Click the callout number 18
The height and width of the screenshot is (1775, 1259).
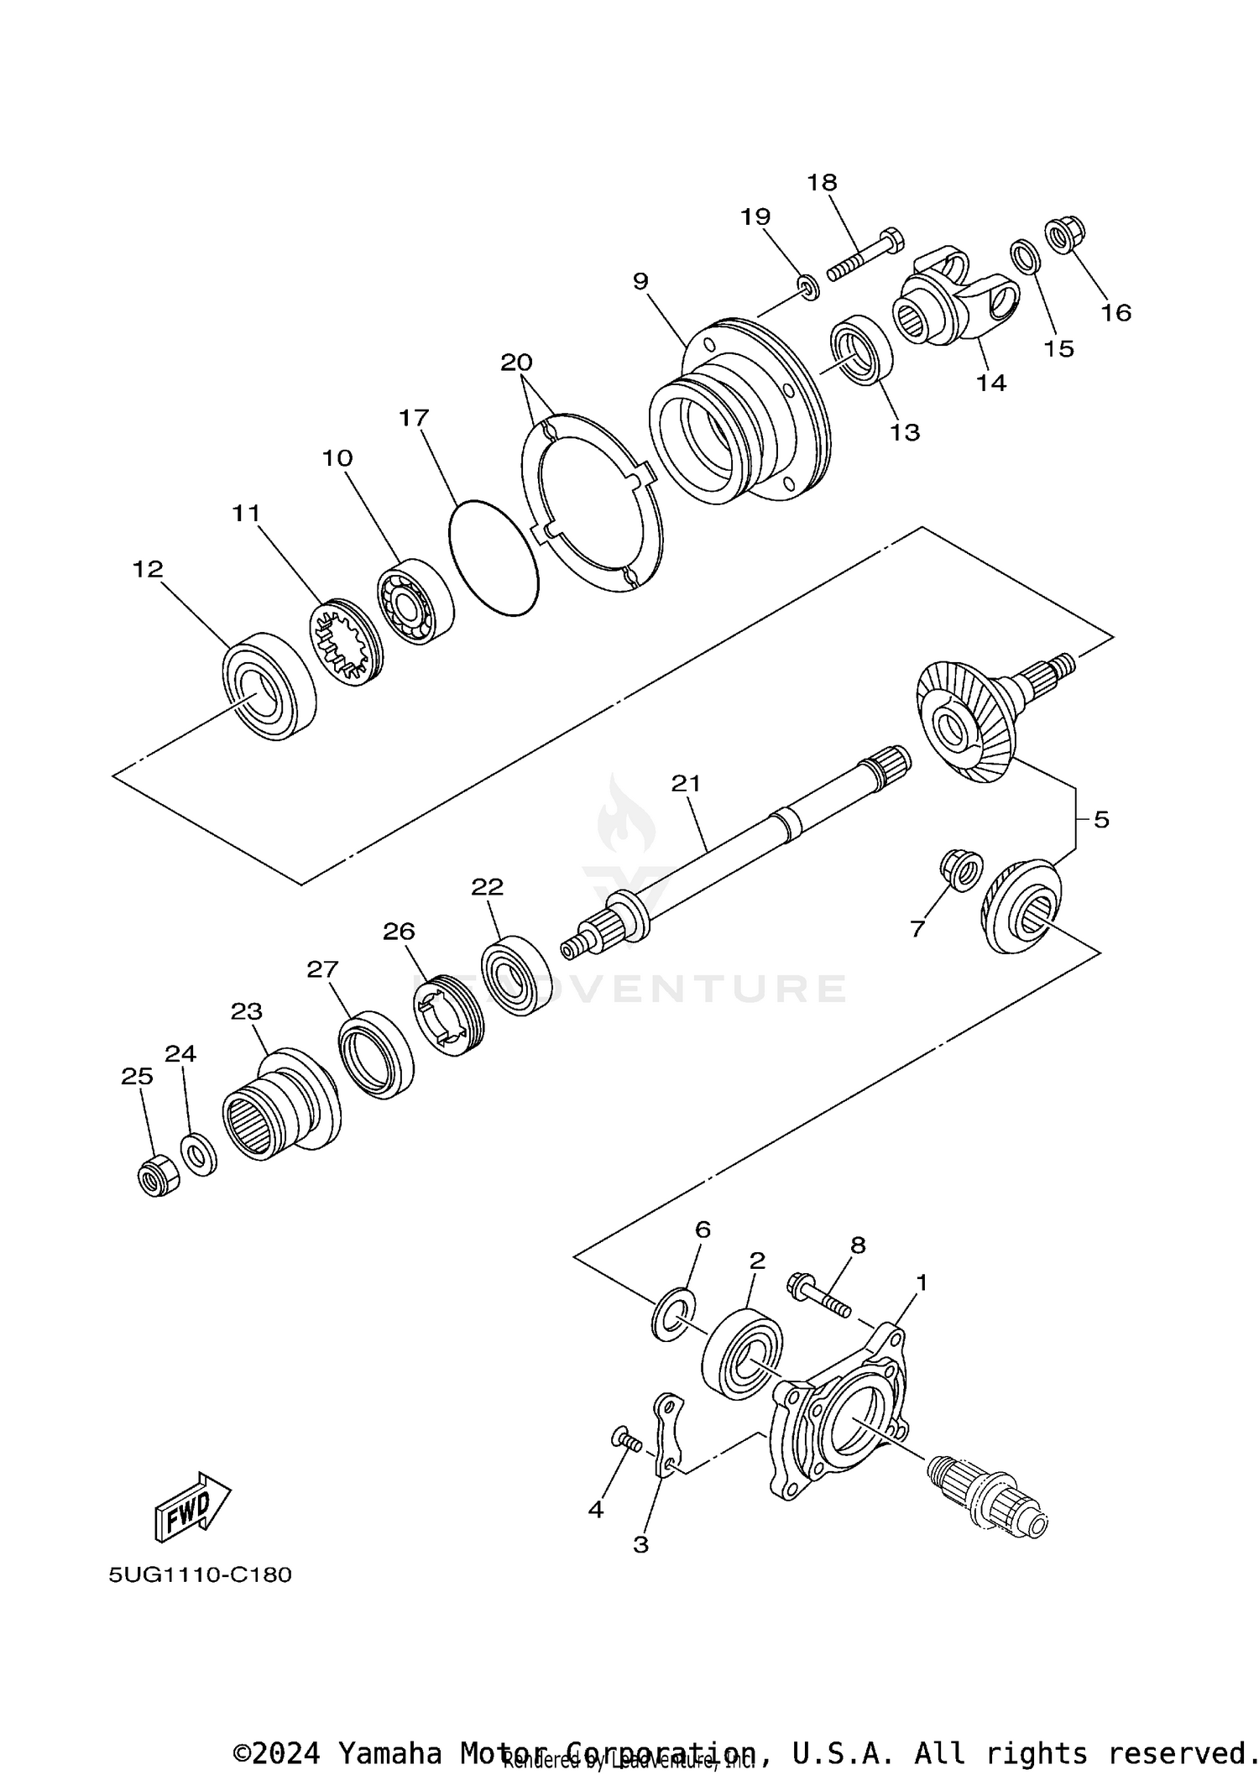pyautogui.click(x=823, y=182)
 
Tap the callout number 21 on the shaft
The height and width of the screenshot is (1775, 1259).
pyautogui.click(x=686, y=783)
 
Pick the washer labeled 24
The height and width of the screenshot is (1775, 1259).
pyautogui.click(x=199, y=1156)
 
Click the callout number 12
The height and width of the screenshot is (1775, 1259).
pyautogui.click(x=148, y=569)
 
